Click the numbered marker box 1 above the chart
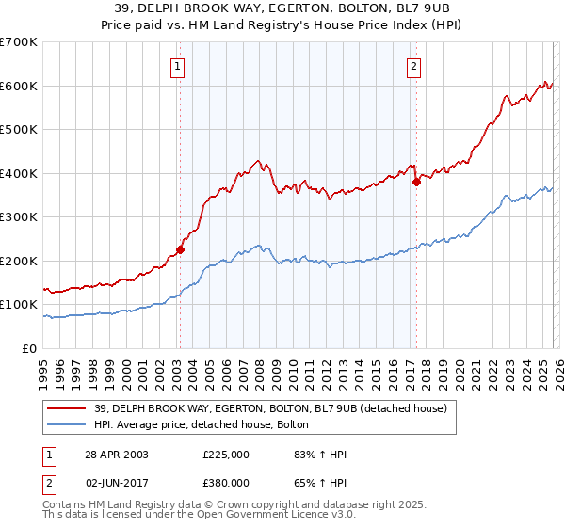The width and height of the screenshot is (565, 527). [x=178, y=66]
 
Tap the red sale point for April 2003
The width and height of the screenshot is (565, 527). [x=180, y=250]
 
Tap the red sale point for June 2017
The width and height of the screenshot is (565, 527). [x=415, y=183]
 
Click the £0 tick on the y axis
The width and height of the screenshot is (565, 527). [x=30, y=349]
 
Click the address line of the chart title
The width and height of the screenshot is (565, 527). [x=282, y=9]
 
